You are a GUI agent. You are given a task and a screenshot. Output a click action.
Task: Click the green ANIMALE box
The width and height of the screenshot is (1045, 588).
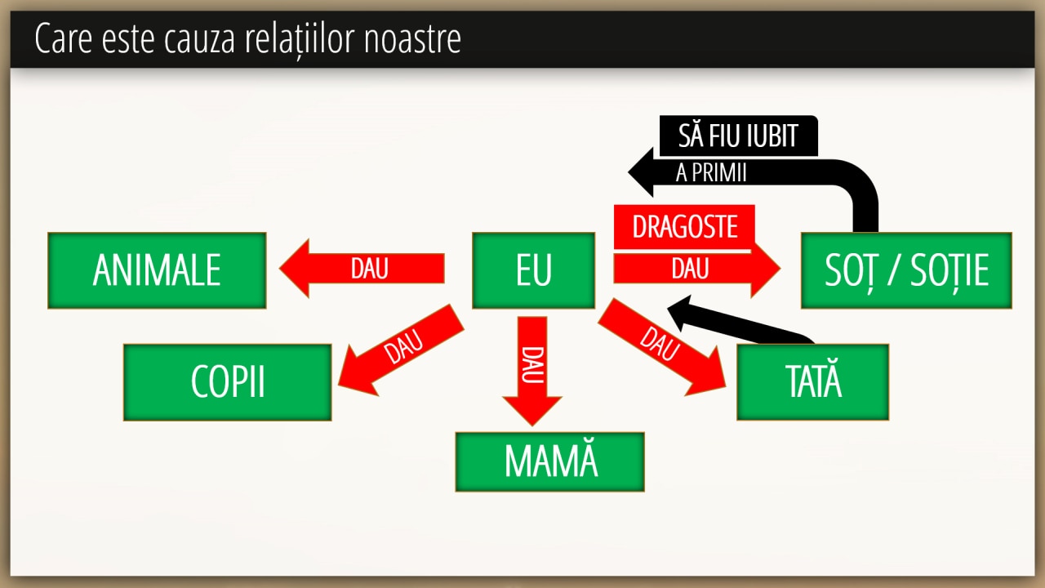157,270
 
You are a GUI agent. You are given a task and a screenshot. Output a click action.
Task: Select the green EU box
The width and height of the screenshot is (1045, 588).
533,270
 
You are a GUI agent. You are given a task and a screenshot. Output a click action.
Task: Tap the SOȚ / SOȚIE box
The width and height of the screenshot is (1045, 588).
906,270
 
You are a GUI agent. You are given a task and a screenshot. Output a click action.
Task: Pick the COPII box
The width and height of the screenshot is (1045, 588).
228,382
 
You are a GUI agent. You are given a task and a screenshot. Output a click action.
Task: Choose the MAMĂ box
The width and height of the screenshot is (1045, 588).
550,461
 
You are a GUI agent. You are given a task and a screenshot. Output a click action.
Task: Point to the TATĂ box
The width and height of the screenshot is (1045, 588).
812,381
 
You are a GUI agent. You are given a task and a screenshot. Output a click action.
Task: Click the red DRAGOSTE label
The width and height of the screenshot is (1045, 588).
684,227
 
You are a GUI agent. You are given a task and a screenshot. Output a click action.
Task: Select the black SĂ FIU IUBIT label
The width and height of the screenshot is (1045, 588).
739,136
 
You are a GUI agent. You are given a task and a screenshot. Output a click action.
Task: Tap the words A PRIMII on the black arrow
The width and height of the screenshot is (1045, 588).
711,172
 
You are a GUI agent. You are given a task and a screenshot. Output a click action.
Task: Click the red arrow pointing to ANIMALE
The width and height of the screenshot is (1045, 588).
362,269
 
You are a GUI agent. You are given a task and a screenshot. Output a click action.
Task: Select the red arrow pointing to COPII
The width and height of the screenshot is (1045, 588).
401,350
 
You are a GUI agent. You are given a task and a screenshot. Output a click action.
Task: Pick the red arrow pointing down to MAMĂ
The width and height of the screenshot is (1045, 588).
532,371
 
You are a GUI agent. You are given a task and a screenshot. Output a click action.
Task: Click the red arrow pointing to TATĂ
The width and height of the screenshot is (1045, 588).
662,347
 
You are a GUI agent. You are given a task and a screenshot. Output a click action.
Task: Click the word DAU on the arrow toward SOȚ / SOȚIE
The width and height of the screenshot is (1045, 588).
691,269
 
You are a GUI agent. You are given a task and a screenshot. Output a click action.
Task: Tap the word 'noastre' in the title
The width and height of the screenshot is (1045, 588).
412,38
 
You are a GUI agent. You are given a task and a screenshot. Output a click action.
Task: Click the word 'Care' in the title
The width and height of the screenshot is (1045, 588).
64,38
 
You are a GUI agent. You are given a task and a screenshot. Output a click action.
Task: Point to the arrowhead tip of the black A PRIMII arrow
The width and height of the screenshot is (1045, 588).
629,172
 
